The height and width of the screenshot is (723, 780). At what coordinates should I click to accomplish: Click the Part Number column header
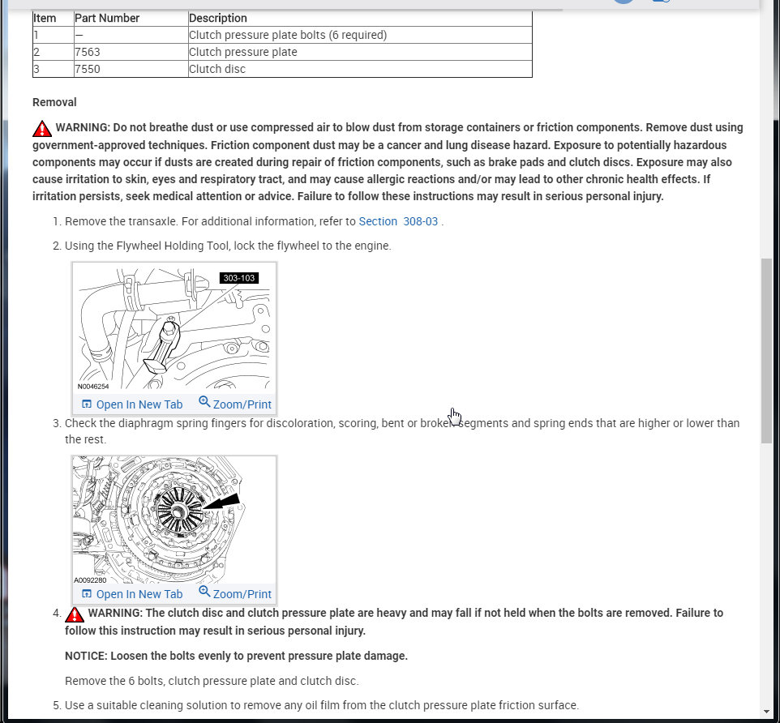[x=107, y=18]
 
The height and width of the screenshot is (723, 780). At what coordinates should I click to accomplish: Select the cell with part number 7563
[x=87, y=52]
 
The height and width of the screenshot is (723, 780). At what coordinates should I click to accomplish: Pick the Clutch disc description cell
[x=217, y=69]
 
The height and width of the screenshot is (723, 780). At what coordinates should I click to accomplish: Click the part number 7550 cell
[x=87, y=69]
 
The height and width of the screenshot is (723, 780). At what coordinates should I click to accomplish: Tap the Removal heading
[x=54, y=102]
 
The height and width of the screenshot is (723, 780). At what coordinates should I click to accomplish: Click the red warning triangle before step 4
[x=75, y=614]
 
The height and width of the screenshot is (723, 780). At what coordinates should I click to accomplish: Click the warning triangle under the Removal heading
[x=42, y=128]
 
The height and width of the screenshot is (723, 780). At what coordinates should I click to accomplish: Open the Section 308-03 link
[x=400, y=221]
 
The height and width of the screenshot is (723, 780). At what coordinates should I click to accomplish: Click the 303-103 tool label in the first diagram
[x=239, y=278]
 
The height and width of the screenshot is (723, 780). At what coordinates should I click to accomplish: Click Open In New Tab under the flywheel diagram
[x=133, y=404]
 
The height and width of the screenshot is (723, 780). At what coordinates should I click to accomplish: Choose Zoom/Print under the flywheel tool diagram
[x=235, y=404]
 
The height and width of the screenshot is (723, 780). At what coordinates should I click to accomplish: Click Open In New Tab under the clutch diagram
[x=133, y=593]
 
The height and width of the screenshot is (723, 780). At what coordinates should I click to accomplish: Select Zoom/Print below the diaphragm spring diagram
[x=235, y=593]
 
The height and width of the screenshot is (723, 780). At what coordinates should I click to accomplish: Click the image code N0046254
[x=93, y=387]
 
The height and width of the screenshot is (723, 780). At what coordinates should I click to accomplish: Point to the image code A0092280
[x=90, y=580]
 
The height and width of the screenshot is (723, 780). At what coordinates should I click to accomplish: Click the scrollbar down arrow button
[x=767, y=712]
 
